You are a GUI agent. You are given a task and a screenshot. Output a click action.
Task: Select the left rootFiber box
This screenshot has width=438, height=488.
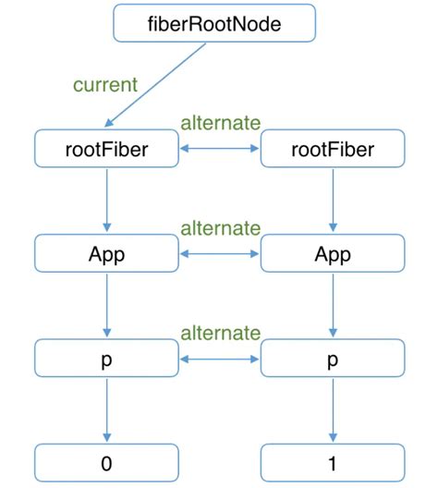106,149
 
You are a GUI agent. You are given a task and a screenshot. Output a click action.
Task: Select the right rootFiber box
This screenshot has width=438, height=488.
332,149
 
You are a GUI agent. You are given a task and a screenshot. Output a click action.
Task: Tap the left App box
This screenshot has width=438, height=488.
106,253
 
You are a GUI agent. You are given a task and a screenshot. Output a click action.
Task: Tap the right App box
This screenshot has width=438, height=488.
332,253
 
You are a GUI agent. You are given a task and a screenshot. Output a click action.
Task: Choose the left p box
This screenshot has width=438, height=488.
106,359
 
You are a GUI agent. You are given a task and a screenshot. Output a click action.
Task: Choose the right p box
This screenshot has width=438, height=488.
332,359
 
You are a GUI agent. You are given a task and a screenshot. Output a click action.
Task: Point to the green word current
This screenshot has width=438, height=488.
105,85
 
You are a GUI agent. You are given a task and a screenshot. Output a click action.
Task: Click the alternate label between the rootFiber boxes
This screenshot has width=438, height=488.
219,123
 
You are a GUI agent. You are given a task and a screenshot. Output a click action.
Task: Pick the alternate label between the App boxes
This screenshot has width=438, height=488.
219,227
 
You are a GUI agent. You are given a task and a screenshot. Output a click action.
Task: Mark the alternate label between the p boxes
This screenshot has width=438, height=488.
219,333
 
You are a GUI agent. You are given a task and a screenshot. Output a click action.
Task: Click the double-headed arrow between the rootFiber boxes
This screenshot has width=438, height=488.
219,149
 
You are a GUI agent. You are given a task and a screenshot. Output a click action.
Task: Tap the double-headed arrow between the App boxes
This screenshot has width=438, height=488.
219,253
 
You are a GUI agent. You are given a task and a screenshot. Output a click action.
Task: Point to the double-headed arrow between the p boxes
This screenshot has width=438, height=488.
219,359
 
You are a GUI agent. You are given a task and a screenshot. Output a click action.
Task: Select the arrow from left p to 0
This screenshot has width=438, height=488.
106,410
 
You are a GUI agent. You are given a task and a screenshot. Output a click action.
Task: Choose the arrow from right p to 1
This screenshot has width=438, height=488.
332,410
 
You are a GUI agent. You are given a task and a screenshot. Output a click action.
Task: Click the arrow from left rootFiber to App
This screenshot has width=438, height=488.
106,201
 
